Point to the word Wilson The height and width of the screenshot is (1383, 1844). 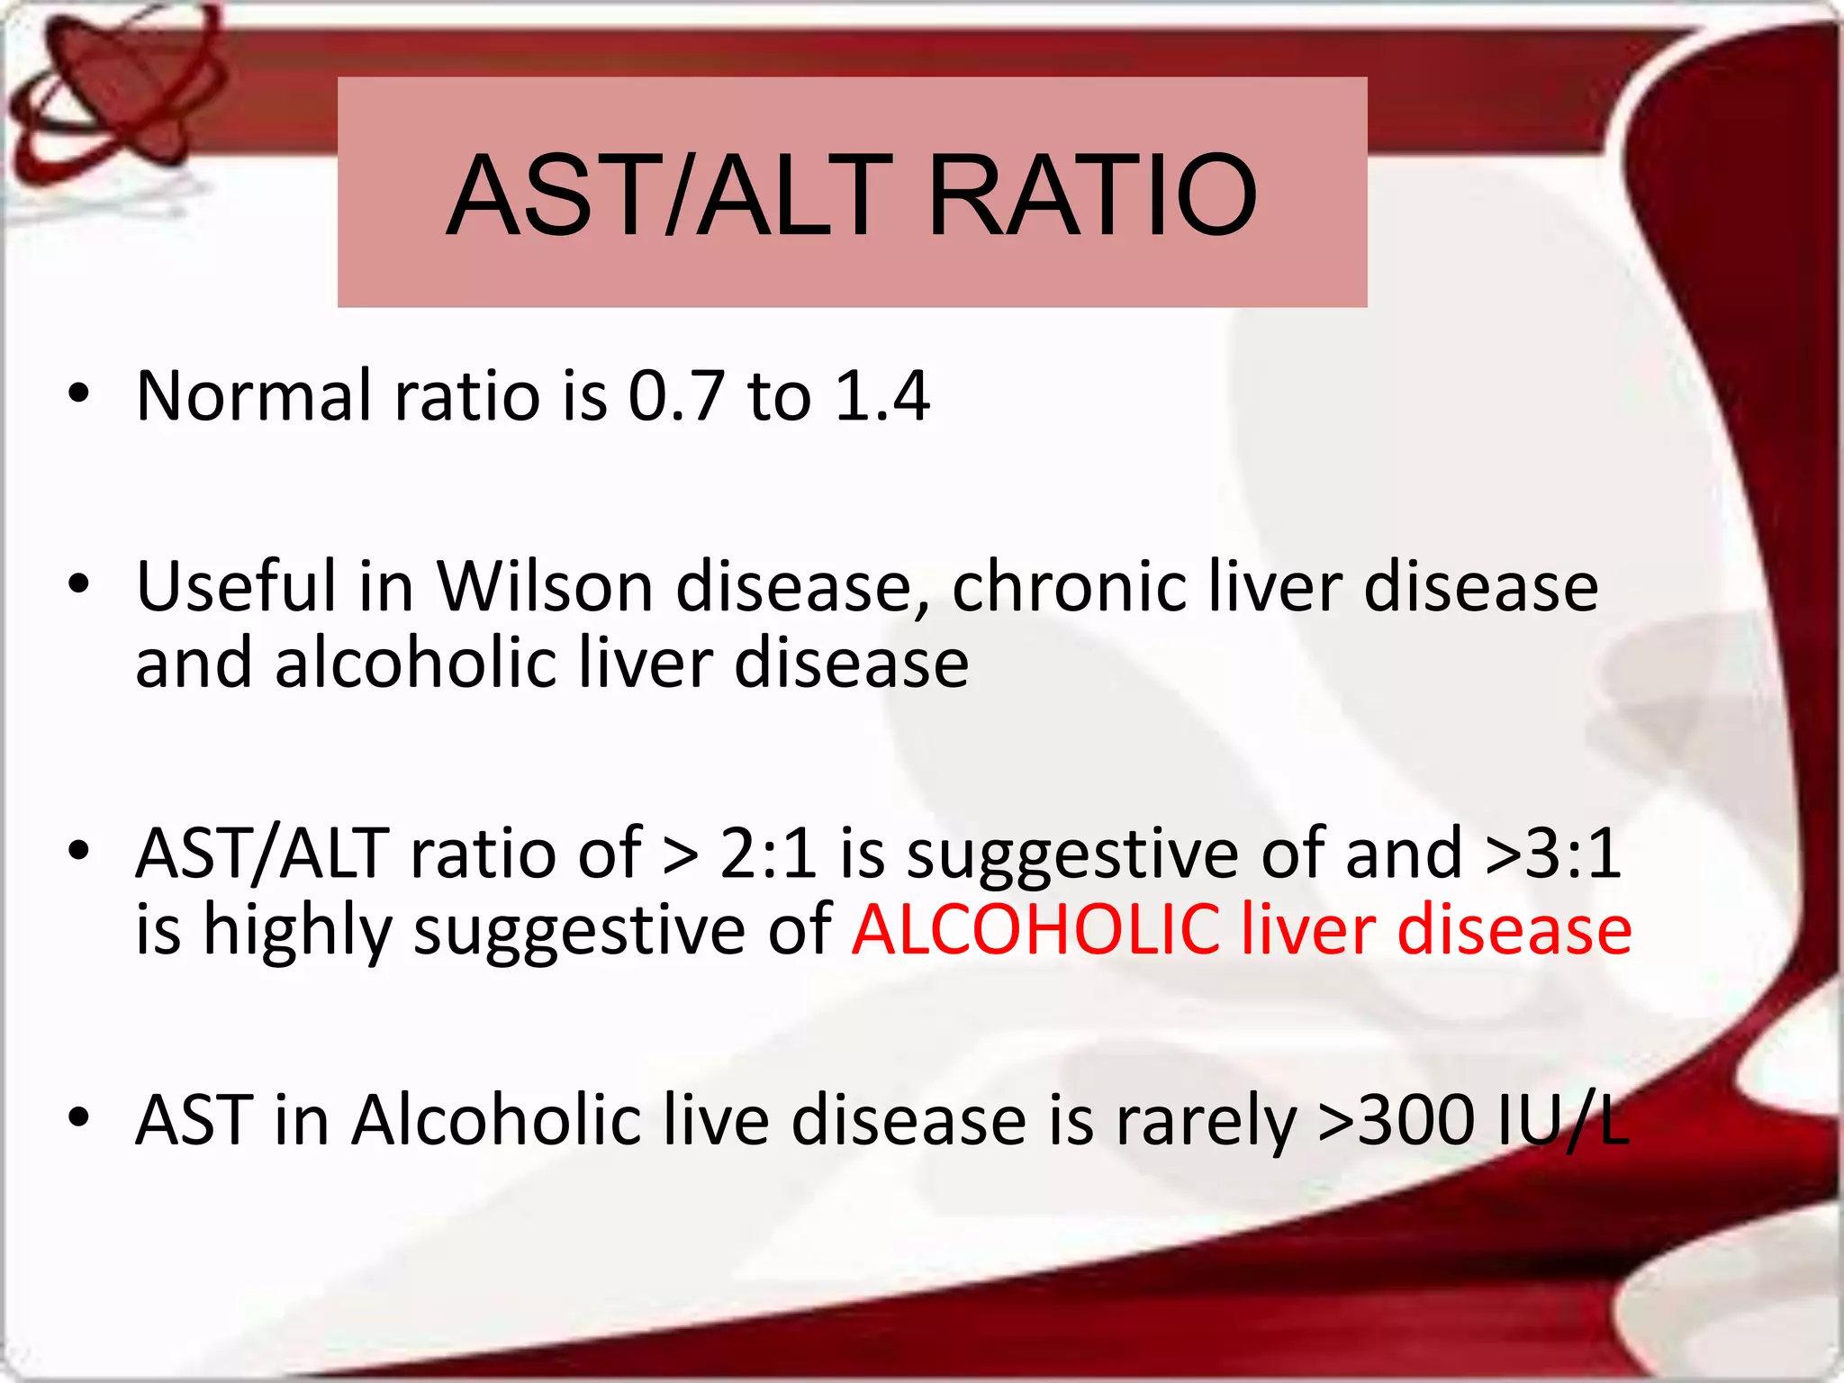(x=545, y=587)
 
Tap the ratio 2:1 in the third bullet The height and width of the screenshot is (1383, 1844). (x=768, y=854)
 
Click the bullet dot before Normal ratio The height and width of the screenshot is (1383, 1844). (x=79, y=393)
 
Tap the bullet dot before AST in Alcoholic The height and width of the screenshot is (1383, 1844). (x=79, y=1117)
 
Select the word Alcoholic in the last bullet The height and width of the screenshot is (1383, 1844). (x=496, y=1121)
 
